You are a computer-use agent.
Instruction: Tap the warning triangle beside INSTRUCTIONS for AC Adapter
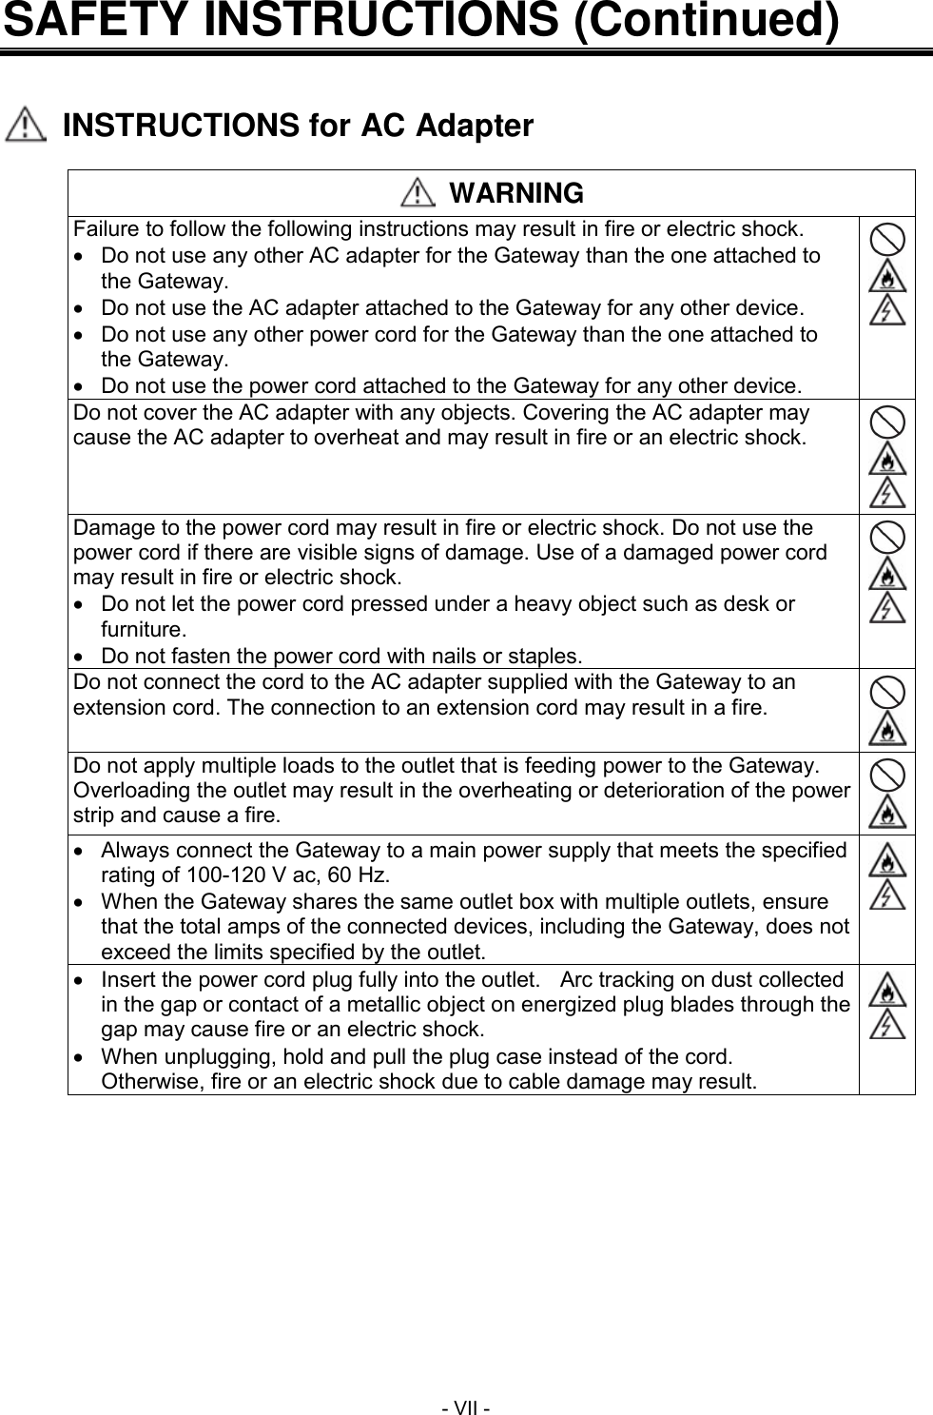(x=26, y=127)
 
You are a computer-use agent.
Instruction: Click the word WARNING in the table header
(x=515, y=193)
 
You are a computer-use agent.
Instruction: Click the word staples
(x=545, y=656)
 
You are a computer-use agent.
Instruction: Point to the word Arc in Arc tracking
(x=580, y=980)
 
